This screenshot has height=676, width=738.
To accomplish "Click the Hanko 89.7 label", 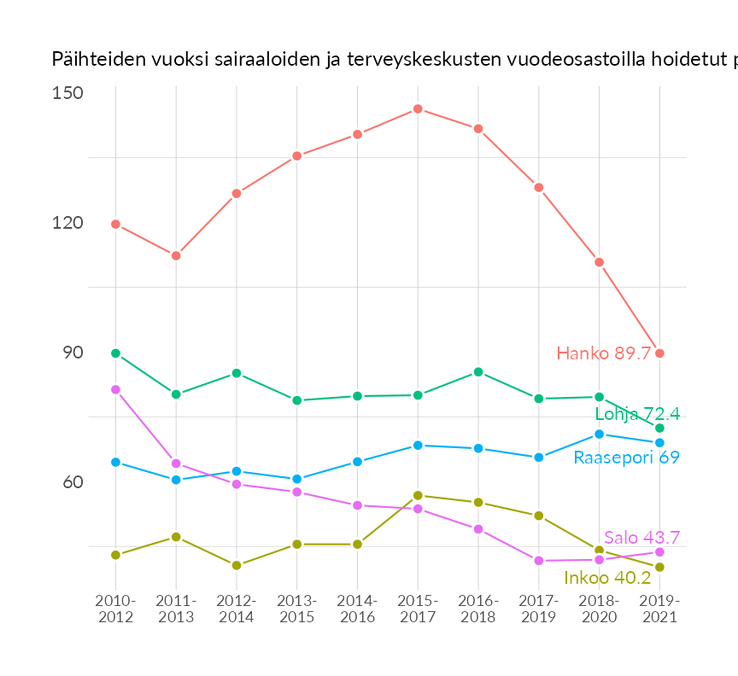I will [x=604, y=353].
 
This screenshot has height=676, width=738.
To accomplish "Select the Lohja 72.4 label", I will [x=637, y=414].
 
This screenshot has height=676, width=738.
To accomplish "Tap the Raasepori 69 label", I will [x=626, y=457].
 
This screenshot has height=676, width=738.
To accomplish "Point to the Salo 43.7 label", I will [x=641, y=538].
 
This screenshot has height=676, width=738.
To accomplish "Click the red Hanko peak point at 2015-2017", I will [x=418, y=109].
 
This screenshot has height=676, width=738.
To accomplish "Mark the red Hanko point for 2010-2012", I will [x=115, y=224].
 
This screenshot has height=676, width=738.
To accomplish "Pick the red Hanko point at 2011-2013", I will [x=176, y=256].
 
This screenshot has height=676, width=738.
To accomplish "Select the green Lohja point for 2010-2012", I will [x=115, y=353].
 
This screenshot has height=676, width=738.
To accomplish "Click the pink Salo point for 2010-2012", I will [x=115, y=389].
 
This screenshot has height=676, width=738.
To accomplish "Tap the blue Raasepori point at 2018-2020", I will [x=600, y=434].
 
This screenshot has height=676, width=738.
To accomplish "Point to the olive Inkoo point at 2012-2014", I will [x=237, y=565].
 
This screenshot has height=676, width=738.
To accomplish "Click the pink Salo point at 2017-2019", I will [x=539, y=561].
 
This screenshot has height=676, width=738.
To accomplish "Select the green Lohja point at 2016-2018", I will [x=478, y=372].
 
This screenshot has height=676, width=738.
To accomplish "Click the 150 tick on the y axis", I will [x=67, y=92].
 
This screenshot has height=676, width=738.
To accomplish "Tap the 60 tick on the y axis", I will [x=72, y=482].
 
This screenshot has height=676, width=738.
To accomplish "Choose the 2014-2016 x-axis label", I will [x=357, y=609].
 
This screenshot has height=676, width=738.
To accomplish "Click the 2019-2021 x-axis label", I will [x=659, y=609].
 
